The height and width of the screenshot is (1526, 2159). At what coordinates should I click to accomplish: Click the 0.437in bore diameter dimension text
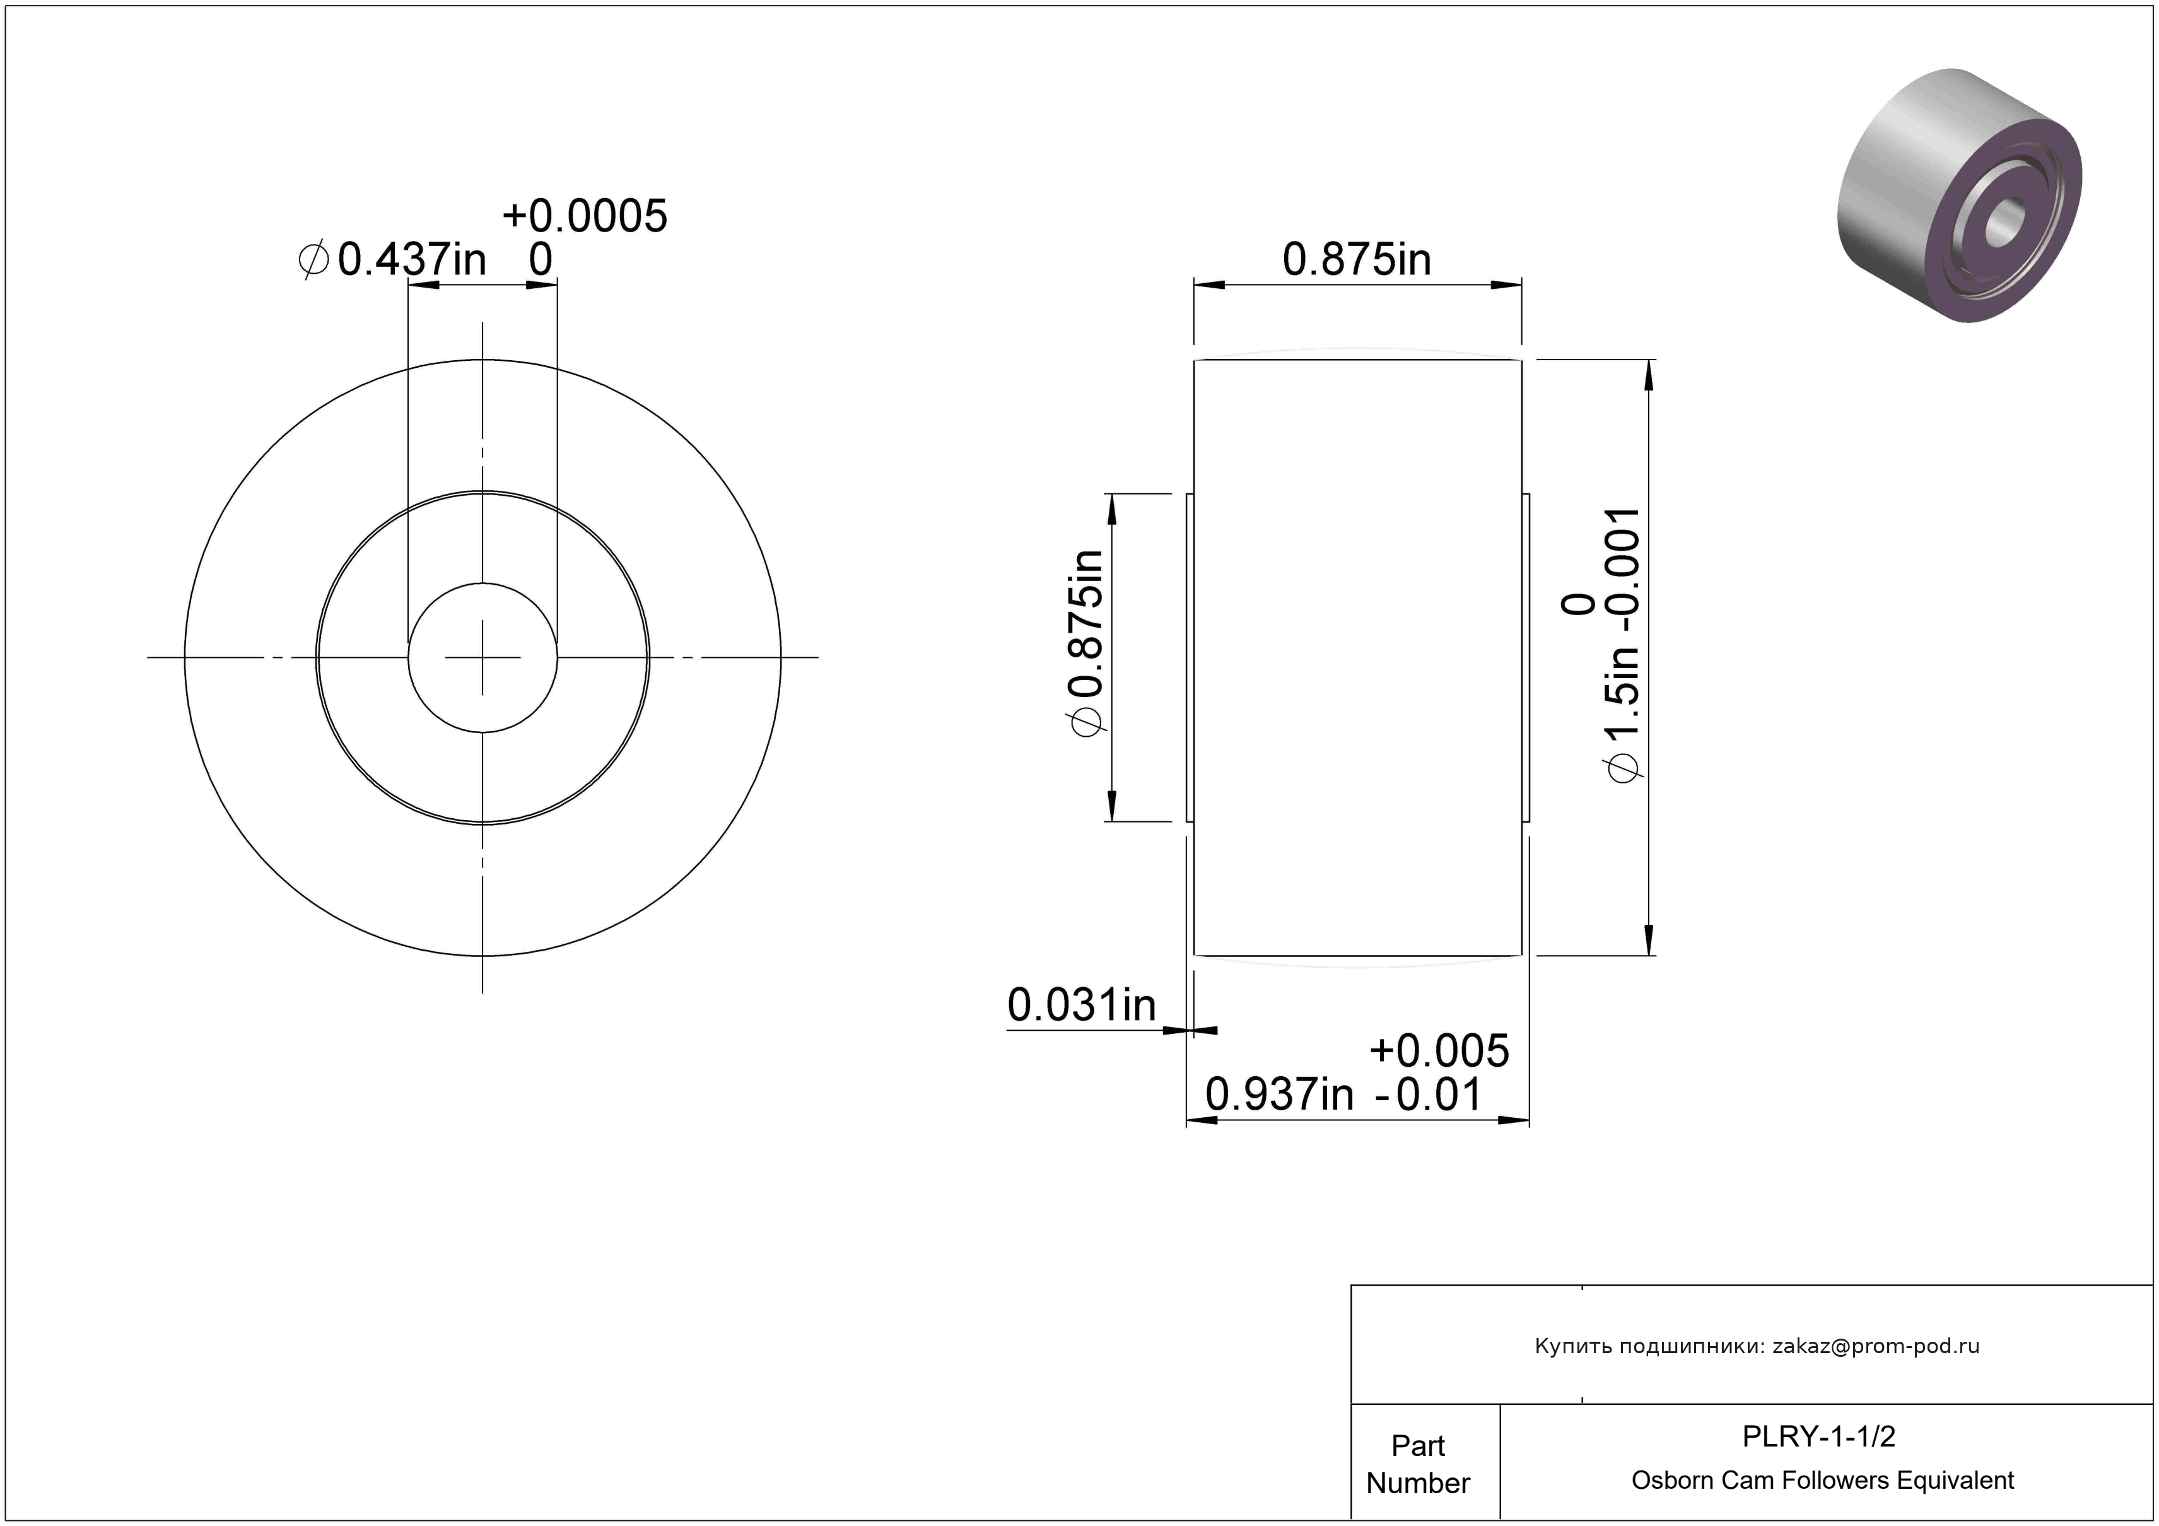pyautogui.click(x=411, y=259)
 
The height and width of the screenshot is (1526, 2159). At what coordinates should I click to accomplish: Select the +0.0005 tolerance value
pyautogui.click(x=585, y=216)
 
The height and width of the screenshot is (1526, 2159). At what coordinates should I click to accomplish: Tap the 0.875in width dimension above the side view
pyautogui.click(x=1357, y=259)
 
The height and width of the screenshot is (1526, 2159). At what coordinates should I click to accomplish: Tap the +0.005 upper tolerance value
pyautogui.click(x=1439, y=1050)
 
